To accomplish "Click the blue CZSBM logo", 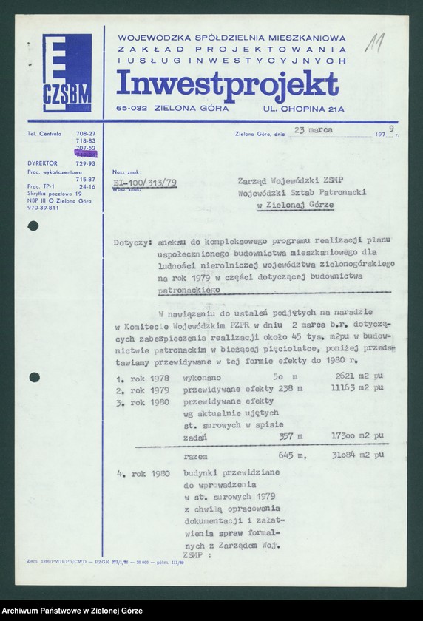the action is click(67, 72).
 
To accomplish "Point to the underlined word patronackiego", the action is click(190, 292).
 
